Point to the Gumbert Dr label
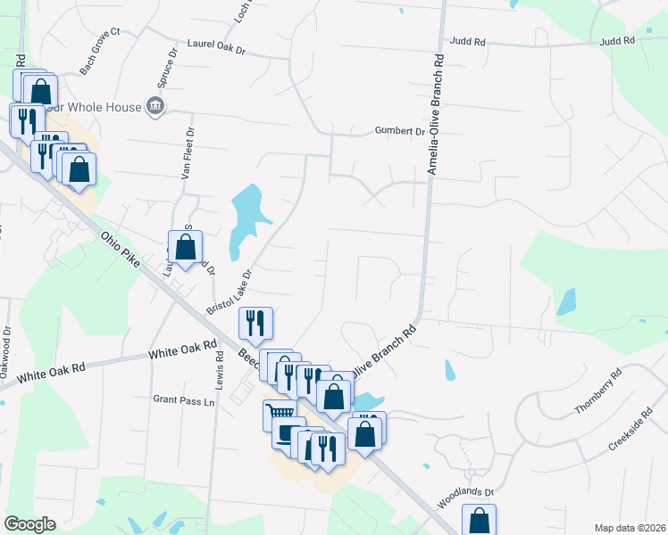click(x=399, y=131)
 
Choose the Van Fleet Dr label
click(x=188, y=152)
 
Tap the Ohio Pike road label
click(x=121, y=253)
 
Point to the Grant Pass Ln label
click(x=185, y=401)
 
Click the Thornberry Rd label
click(x=597, y=393)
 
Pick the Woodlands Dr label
click(x=464, y=498)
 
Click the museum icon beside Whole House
click(x=155, y=108)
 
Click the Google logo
click(x=29, y=524)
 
